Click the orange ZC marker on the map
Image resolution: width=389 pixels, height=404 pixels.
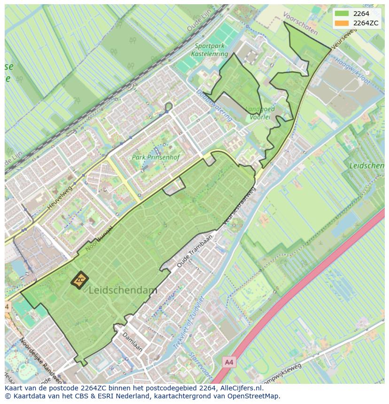click(x=80, y=280)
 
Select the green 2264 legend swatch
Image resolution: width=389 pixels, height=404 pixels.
click(x=342, y=14)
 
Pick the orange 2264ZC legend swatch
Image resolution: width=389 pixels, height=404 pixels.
click(x=342, y=23)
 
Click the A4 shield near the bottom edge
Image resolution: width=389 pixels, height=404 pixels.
click(x=228, y=362)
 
